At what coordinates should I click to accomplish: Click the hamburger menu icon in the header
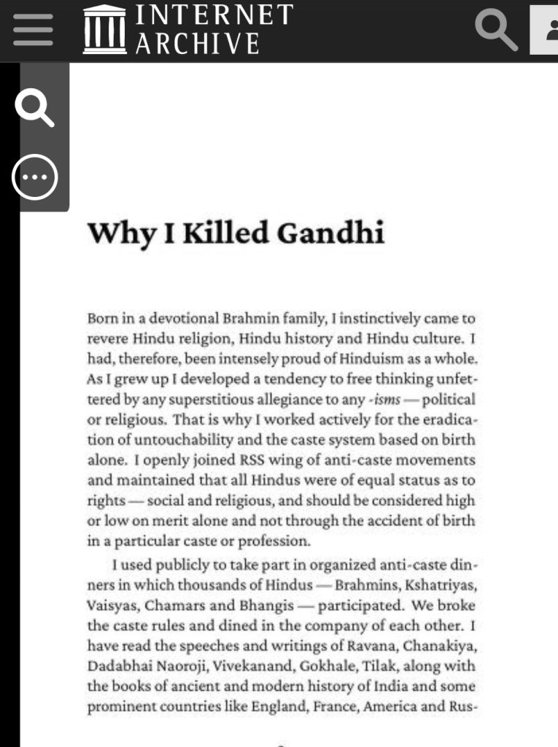[33, 31]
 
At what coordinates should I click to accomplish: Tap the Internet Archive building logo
[104, 29]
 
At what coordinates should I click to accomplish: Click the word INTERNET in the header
[214, 15]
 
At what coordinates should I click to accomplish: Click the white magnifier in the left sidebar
[35, 107]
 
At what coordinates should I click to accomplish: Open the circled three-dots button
[34, 177]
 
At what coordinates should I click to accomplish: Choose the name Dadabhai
[115, 665]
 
